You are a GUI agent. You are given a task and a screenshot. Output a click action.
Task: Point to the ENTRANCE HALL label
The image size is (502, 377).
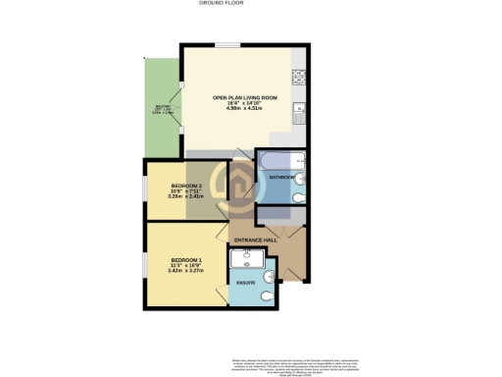pos(254,241)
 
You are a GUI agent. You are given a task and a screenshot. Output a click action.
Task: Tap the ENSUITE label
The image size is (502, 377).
pos(246,283)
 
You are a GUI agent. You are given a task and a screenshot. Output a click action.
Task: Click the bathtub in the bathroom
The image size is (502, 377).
pos(280,161)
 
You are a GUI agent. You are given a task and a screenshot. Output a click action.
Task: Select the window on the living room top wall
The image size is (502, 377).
pos(228,43)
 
